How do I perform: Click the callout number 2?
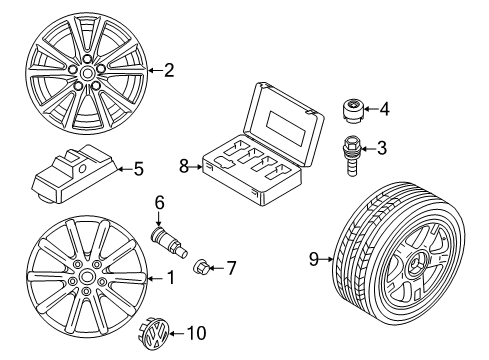[169, 70]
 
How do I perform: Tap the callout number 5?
[138, 169]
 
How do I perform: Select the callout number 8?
[184, 166]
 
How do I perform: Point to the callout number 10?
[196, 333]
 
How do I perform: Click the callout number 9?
[314, 259]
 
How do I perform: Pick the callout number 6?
[159, 203]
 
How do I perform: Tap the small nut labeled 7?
[201, 266]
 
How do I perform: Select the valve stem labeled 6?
[170, 243]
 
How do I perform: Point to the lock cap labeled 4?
[353, 111]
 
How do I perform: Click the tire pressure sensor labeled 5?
[75, 174]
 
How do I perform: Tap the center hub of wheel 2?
[87, 73]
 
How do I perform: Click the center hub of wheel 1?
[87, 277]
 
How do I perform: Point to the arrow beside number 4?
[371, 108]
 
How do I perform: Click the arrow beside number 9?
[327, 259]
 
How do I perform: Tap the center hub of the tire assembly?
[416, 264]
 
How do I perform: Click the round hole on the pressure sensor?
[82, 169]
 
